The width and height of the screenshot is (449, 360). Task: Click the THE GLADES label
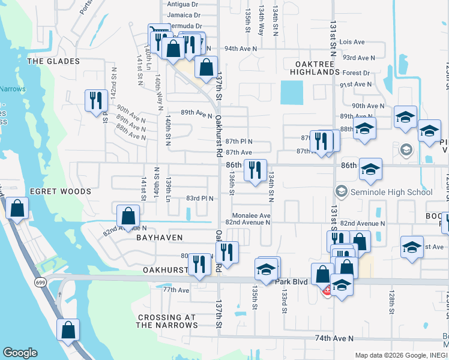[x=53, y=61]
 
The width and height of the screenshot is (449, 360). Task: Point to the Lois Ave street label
[x=352, y=42]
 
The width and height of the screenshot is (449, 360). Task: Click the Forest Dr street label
[x=357, y=73]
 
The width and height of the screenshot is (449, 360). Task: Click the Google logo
[x=20, y=353]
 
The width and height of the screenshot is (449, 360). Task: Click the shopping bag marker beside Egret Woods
[x=18, y=208]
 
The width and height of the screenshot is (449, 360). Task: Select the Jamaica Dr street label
[x=184, y=15]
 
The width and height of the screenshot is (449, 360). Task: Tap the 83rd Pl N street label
[x=200, y=198]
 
